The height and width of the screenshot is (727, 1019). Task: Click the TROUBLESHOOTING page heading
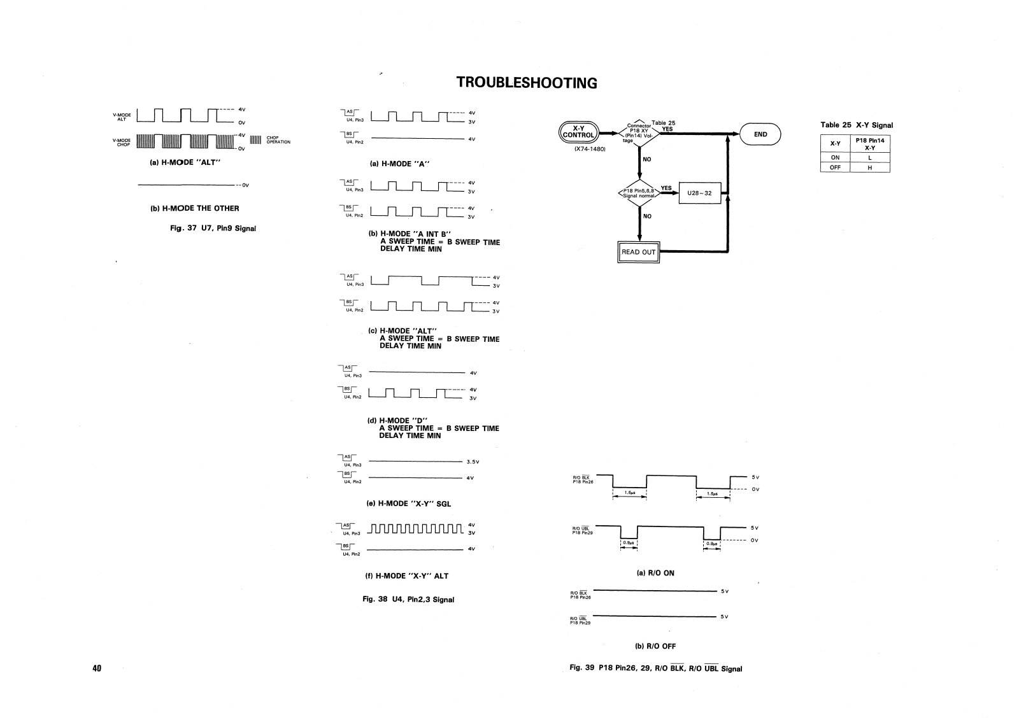(527, 83)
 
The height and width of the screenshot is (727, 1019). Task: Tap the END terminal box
(760, 134)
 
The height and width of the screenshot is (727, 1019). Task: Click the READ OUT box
(638, 252)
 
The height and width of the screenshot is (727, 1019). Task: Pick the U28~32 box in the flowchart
(699, 193)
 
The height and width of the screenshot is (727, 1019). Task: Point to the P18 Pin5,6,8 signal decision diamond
(638, 192)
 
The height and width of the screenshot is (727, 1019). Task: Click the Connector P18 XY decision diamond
(638, 134)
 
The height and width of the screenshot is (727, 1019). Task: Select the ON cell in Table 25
(836, 157)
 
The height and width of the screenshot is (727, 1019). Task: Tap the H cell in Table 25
(870, 167)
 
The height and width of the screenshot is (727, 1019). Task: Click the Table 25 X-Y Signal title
(857, 125)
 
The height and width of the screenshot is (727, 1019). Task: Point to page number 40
(97, 668)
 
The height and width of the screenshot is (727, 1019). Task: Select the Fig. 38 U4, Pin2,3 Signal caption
(408, 599)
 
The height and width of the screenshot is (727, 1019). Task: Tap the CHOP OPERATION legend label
(278, 140)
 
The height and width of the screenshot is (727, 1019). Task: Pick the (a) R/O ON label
(655, 573)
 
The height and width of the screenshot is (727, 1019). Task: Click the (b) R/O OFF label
(655, 646)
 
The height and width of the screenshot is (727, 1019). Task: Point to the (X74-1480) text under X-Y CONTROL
(590, 150)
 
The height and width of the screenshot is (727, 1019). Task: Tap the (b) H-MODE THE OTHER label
(194, 208)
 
